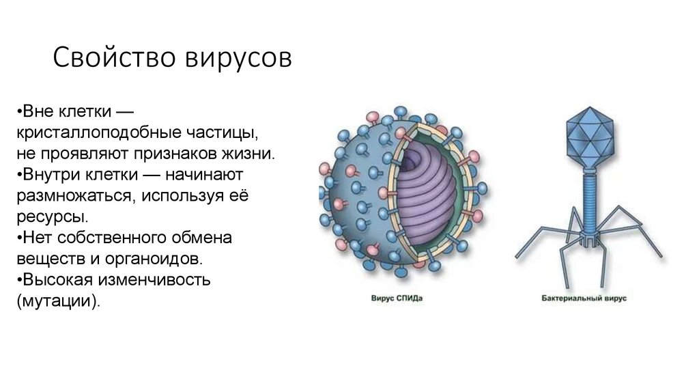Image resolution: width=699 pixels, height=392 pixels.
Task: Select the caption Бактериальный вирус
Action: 585,298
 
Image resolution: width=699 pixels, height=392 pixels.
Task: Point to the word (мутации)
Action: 60,301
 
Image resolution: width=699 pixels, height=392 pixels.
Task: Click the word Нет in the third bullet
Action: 38,238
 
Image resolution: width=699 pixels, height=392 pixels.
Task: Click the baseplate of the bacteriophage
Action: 587,240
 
